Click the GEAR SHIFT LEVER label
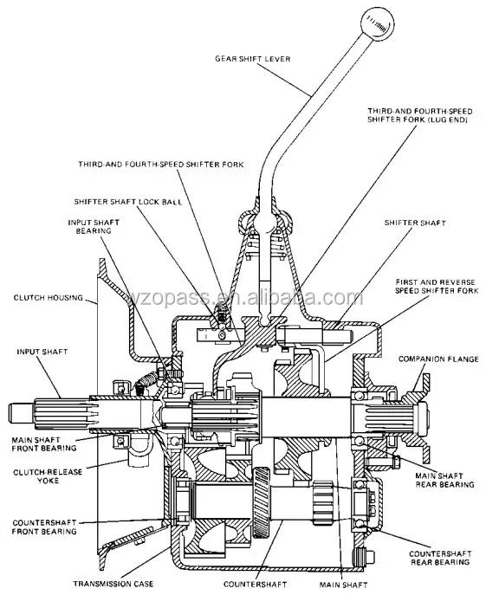[252, 59]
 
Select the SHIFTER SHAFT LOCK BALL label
[128, 202]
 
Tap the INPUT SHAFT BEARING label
[94, 227]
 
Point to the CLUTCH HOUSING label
[49, 298]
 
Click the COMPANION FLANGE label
[438, 359]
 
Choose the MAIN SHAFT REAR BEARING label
[444, 480]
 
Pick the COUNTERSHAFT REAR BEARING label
[440, 558]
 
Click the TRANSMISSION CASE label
[113, 584]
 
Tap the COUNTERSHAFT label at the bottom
[255, 584]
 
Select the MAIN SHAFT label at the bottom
[343, 585]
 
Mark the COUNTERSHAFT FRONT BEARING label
[44, 527]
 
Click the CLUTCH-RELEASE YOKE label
[48, 476]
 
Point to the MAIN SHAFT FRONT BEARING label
[44, 444]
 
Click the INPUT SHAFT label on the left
[42, 352]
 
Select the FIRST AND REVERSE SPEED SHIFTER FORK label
[437, 287]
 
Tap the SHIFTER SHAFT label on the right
[415, 223]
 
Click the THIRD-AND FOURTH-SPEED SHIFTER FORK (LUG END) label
[419, 115]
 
